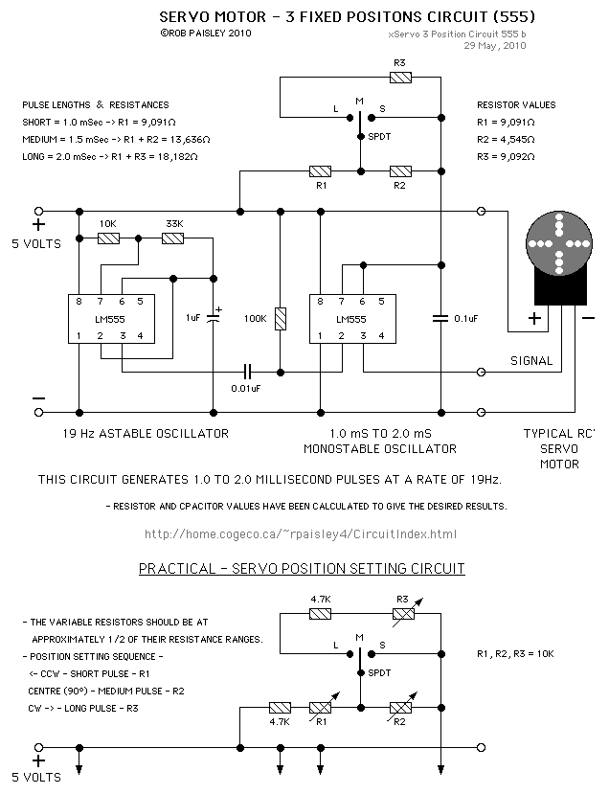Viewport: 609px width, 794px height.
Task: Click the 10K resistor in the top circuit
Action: [107, 238]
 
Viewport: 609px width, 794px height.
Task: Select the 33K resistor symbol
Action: [172, 238]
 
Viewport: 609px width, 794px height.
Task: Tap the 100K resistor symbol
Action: [281, 319]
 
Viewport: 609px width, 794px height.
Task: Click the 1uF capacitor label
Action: [194, 317]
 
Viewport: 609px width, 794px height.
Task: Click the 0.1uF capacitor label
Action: [467, 318]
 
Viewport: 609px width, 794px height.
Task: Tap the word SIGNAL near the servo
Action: [532, 361]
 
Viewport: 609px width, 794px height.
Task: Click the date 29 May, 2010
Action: [495, 44]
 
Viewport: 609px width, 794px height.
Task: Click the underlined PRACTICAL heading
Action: [302, 569]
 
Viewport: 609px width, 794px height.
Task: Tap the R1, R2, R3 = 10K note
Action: [514, 653]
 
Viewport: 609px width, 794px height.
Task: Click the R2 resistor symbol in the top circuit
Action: [399, 171]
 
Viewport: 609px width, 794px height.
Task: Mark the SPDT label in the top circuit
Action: [379, 137]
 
